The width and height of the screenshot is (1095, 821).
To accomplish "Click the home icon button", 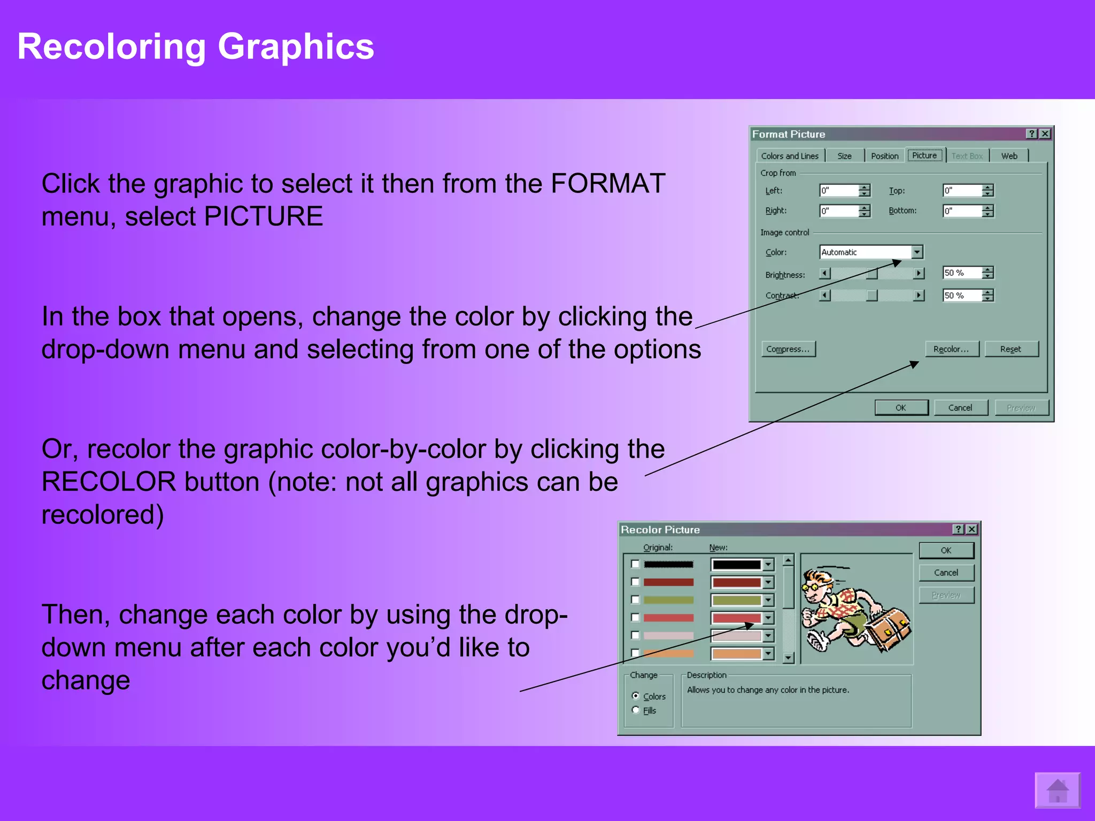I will click(1057, 790).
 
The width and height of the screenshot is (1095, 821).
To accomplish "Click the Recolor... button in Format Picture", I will click(952, 349).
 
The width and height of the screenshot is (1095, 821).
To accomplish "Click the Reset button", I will click(1011, 349).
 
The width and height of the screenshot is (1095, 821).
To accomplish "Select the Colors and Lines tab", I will click(790, 156).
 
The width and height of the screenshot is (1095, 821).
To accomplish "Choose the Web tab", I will click(1009, 156).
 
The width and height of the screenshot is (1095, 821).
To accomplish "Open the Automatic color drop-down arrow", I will click(917, 252).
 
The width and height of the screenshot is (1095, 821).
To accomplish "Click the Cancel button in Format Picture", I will click(960, 408).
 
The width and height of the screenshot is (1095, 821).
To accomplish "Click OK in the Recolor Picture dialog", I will click(946, 551).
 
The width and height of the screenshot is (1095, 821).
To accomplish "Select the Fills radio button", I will click(636, 710).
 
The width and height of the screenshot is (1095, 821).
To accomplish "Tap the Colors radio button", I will click(636, 696).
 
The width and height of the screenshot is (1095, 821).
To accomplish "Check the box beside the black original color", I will click(635, 564).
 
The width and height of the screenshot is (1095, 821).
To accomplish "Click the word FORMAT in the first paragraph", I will click(607, 184).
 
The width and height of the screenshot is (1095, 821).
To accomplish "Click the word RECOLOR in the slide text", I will click(109, 482).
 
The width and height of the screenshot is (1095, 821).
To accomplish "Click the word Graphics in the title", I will click(296, 47).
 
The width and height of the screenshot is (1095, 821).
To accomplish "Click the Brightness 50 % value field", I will click(961, 273).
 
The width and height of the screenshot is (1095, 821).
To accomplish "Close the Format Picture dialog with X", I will click(1045, 134).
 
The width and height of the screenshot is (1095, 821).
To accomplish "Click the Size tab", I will click(844, 156).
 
